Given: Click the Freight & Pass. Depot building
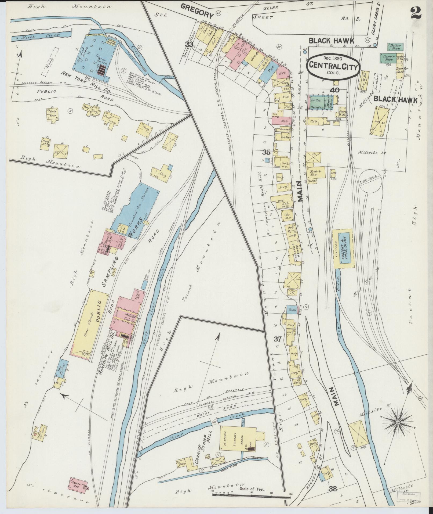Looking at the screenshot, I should [345, 249].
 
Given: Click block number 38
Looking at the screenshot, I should [333, 488].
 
